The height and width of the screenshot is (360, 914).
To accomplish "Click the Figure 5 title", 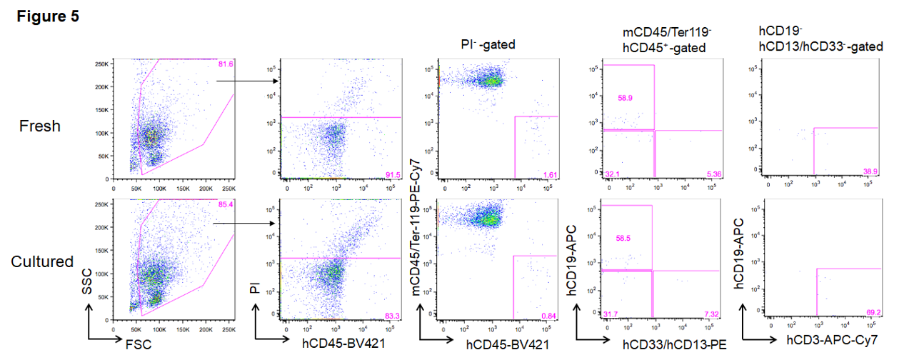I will [x=48, y=16].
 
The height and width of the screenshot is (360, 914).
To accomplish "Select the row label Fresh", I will [x=39, y=126].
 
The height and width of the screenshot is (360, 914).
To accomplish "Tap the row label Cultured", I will [x=42, y=261].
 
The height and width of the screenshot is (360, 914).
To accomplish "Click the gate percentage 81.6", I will [x=226, y=64].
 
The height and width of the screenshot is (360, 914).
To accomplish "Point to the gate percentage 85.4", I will [x=226, y=205].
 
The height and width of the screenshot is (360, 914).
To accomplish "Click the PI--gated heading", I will [x=488, y=45].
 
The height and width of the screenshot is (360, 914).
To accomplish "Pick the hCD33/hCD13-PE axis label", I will [x=674, y=345].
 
